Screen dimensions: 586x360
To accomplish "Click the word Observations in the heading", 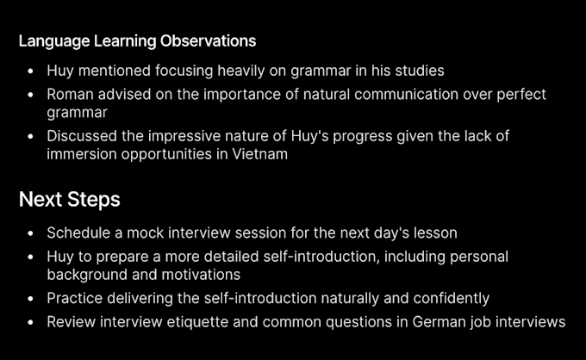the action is click(208, 40).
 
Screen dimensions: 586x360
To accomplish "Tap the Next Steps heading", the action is click(70, 200).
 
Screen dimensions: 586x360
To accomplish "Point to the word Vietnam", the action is click(259, 154).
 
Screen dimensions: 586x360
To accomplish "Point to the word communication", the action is click(406, 94).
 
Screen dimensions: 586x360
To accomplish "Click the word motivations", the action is click(201, 275).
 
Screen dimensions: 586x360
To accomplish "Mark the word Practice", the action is click(74, 298).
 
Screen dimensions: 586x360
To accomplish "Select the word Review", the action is click(71, 322).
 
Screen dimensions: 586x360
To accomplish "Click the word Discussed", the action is click(82, 136).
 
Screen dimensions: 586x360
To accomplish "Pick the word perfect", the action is click(521, 95).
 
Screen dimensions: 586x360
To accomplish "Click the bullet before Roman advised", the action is click(31, 95).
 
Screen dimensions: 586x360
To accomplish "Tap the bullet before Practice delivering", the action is click(31, 299).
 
